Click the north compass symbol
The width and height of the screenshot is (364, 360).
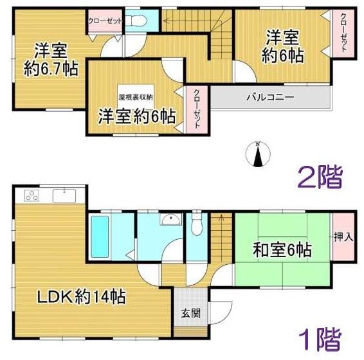(257, 154)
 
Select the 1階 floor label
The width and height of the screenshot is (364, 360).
(319, 339)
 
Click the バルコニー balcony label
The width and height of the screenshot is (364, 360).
(269, 98)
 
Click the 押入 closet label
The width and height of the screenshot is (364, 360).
(343, 237)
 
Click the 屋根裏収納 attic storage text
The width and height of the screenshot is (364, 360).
(135, 97)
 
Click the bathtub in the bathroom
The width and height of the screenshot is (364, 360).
(102, 235)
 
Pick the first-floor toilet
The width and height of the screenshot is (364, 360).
(197, 226)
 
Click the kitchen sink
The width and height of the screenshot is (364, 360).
(66, 195)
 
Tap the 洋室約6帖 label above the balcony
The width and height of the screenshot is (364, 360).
(282, 47)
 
